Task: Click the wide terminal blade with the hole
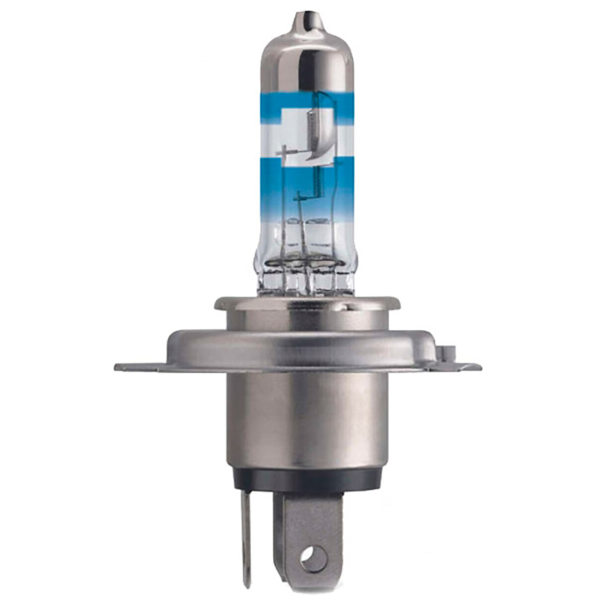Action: coord(308,521)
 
